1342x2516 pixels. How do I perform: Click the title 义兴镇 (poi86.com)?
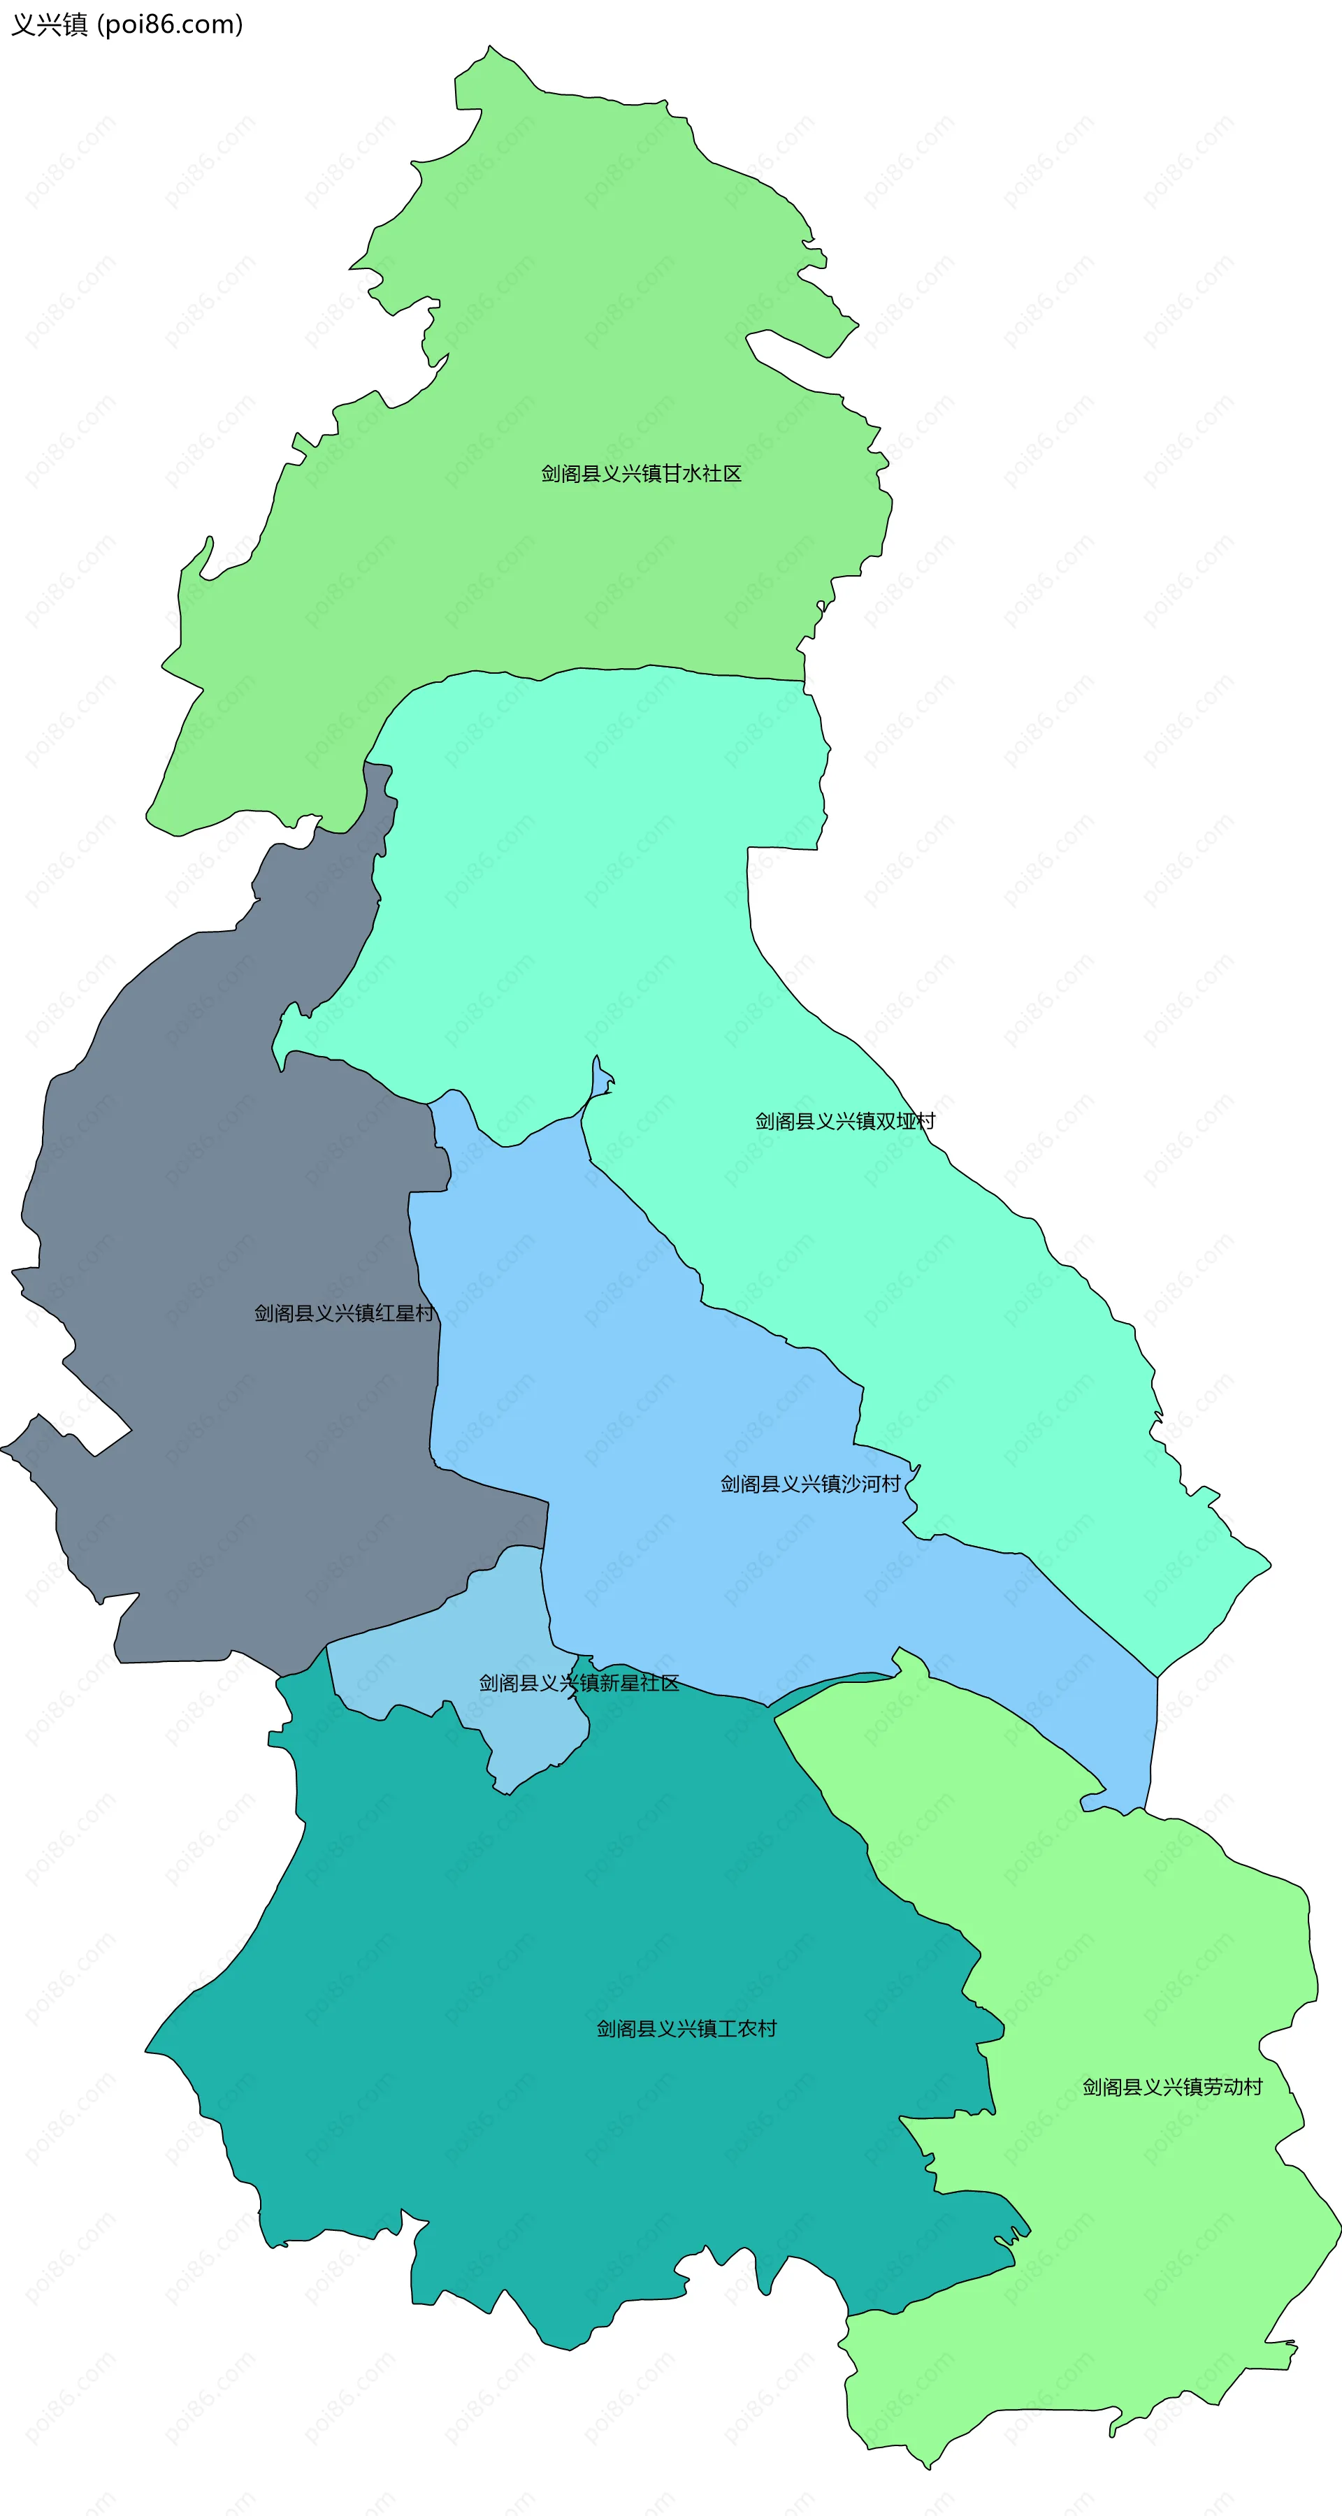pos(127,24)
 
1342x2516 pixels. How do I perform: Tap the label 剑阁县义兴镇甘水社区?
pos(641,474)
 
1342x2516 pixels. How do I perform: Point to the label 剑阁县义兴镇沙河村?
pos(809,1484)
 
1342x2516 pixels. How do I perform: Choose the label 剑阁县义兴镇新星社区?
pos(578,1683)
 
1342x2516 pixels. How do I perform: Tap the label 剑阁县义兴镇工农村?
pos(686,2029)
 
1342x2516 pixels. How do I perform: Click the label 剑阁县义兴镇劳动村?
pos(1172,2086)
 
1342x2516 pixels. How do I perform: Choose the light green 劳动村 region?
pos(1123,1953)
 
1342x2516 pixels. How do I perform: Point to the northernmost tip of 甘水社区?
pos(489,47)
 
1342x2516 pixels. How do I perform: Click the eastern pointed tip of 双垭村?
pos(1268,1563)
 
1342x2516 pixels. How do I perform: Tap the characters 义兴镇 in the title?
pos(49,24)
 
